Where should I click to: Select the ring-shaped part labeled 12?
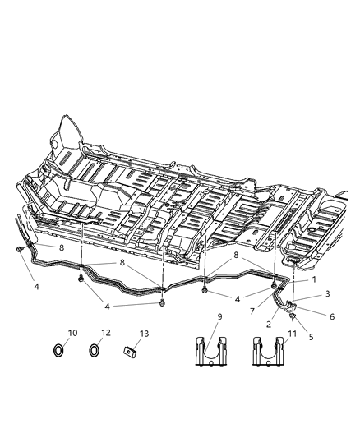(x=94, y=352)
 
